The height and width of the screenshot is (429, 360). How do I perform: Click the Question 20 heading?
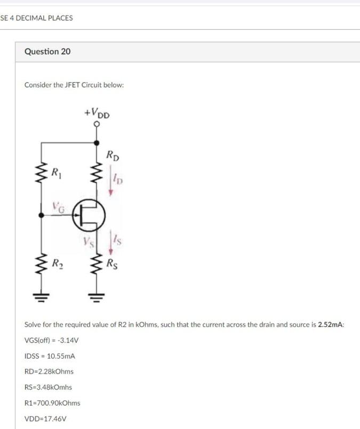(x=47, y=52)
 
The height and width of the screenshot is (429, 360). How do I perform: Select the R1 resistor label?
(x=55, y=172)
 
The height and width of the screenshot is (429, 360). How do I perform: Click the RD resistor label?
(x=113, y=156)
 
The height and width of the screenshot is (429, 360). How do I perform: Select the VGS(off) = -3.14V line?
(x=52, y=340)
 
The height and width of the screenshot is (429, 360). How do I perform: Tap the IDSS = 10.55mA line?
(x=50, y=355)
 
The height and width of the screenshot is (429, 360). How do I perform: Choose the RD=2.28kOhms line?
(x=49, y=371)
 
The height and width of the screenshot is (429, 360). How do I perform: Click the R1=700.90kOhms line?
(x=52, y=403)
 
